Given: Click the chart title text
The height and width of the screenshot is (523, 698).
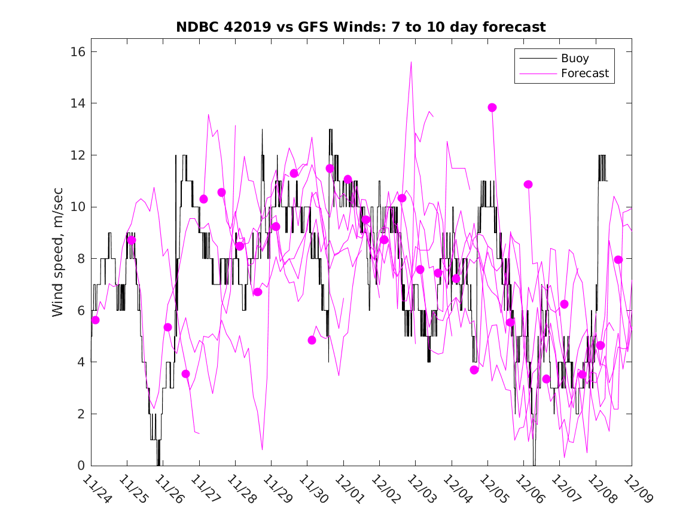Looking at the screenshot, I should (361, 27).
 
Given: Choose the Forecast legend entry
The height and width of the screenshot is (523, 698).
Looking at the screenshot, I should (584, 74).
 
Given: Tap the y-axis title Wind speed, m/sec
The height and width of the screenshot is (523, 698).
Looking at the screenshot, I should (57, 258).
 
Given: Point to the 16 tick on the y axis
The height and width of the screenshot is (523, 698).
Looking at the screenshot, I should (77, 52).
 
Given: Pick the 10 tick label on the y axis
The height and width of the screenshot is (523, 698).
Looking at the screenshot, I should (77, 207).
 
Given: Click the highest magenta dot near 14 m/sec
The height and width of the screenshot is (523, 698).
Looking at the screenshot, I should (492, 108).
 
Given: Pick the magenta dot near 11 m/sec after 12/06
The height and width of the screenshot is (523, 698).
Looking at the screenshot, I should (528, 184).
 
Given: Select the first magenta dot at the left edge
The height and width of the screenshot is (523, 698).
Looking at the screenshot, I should (95, 320).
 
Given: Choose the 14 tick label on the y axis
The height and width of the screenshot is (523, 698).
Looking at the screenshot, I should (77, 103).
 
